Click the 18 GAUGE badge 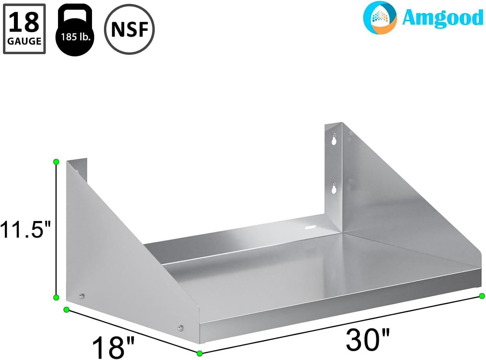click(24, 29)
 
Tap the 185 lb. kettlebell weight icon click(75, 31)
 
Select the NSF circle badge click(129, 29)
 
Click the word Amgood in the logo click(442, 18)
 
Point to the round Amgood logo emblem click(380, 18)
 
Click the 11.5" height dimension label click(25, 229)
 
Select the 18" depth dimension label click(113, 346)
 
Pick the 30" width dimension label click(368, 339)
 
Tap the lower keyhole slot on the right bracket click(334, 188)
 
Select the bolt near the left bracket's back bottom click(82, 296)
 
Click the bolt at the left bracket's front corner click(180, 329)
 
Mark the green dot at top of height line click(56, 162)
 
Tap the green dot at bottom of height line click(56, 297)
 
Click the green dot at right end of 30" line click(482, 296)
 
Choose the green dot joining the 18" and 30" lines click(200, 353)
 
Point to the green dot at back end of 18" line click(66, 309)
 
